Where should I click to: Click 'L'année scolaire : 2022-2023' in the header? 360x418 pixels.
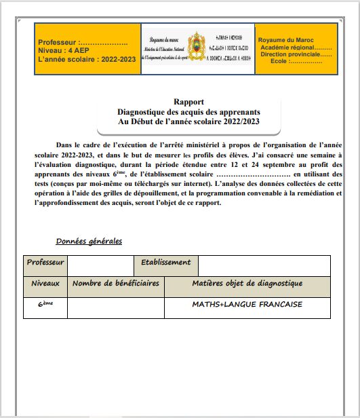coord(87,60)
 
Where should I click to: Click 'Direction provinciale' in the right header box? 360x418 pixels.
coord(296,54)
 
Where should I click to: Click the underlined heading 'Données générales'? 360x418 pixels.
coord(89,241)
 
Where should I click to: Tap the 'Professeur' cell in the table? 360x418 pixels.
coord(45,263)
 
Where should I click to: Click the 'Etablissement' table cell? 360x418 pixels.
coord(166,263)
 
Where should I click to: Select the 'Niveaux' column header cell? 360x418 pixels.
coord(45,284)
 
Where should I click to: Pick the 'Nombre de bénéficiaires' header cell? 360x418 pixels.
coord(116,284)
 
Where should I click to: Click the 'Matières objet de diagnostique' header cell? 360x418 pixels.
coord(247,284)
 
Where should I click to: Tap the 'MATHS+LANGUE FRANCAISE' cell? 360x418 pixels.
coord(247,305)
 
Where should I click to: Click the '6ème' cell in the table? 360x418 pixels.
coord(45,305)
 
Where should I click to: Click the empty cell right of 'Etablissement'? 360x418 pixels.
coord(264,265)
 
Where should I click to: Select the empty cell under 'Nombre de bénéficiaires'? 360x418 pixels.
coord(116,307)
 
